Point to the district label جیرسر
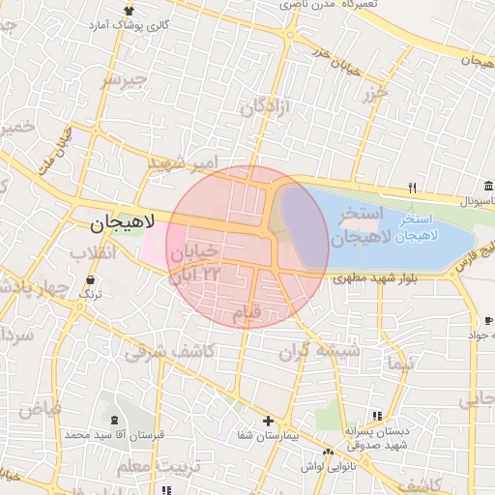(x=125, y=79)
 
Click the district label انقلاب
(x=93, y=253)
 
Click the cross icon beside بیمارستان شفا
(x=268, y=422)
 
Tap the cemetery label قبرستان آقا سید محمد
(x=115, y=436)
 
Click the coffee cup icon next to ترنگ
(x=90, y=279)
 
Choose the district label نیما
(x=398, y=364)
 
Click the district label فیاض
(x=40, y=409)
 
